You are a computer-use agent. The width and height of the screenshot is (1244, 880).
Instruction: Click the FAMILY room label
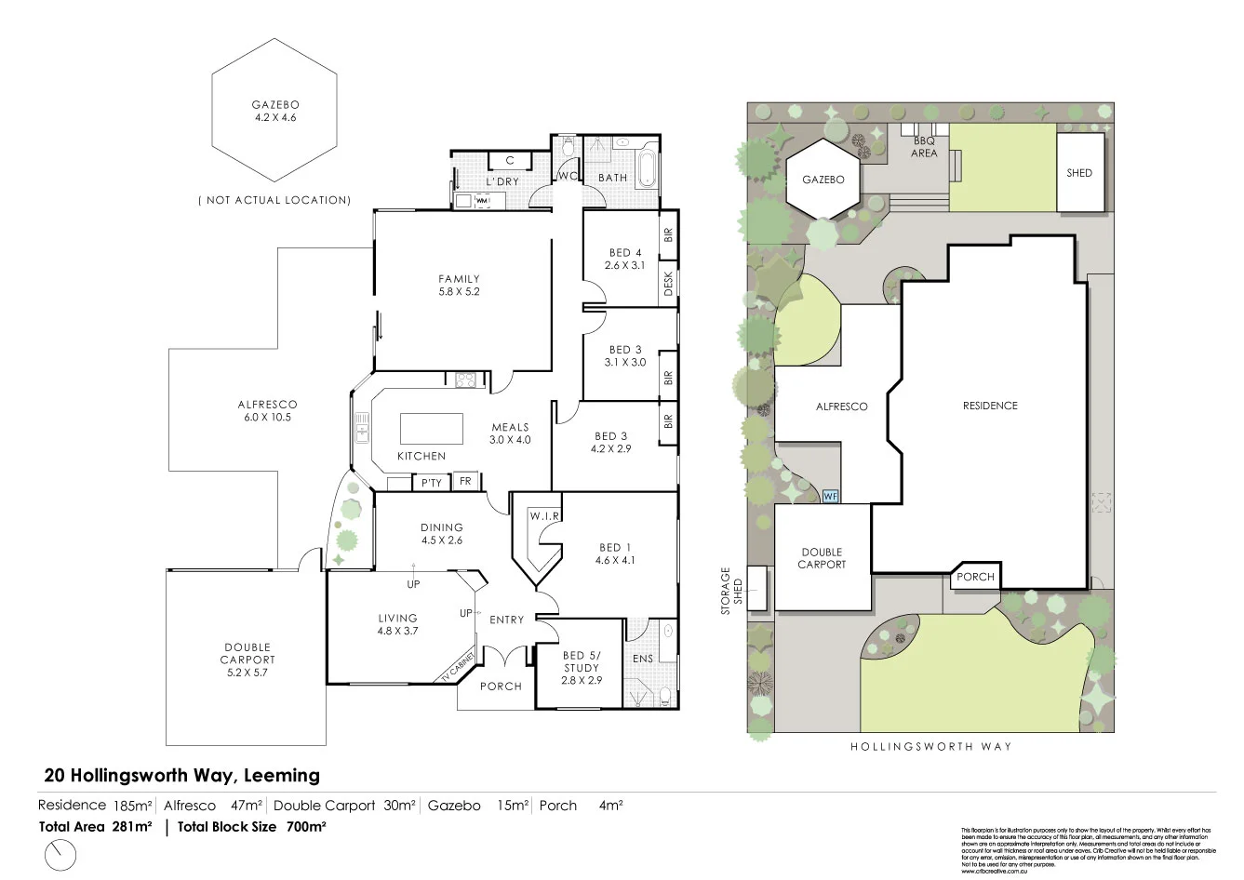[x=459, y=285]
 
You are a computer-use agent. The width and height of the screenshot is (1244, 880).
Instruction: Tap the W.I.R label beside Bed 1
[x=544, y=515]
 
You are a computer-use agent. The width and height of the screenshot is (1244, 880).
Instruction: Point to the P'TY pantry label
[x=431, y=483]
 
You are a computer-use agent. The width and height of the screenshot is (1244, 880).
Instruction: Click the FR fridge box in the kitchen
[x=465, y=482]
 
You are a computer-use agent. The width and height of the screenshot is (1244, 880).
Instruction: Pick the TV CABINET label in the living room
[x=458, y=669]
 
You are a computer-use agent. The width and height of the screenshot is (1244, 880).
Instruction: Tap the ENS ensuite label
[x=643, y=658]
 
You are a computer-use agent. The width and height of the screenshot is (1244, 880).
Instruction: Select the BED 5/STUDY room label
[x=582, y=668]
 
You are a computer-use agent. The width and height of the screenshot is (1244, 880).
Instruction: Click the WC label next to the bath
[x=566, y=176]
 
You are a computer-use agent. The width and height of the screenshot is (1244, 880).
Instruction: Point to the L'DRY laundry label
[x=502, y=181]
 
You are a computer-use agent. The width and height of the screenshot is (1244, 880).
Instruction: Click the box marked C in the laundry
[x=510, y=161]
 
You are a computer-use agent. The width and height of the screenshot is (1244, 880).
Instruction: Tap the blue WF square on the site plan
[x=831, y=497]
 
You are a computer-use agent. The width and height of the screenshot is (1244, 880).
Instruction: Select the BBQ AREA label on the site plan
[x=924, y=147]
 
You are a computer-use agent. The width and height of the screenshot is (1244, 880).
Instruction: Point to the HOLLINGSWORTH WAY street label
[x=930, y=746]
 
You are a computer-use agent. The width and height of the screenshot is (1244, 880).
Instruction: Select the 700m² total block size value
[x=305, y=826]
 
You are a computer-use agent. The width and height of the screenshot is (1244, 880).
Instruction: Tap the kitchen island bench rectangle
[x=431, y=429]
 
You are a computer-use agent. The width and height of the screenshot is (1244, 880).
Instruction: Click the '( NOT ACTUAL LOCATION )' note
[x=274, y=200]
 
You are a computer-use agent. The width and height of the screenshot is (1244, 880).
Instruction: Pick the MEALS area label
[x=510, y=433]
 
